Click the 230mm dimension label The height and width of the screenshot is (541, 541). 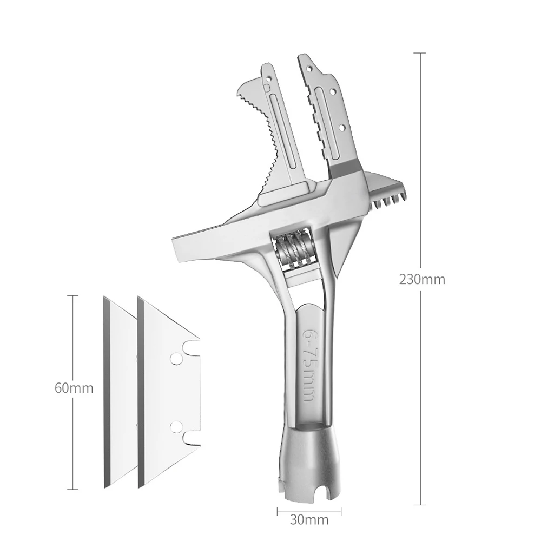point(422,279)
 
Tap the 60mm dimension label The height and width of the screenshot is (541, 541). point(74,388)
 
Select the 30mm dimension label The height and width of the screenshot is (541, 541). point(309,519)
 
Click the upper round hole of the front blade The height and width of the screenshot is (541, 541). point(176,359)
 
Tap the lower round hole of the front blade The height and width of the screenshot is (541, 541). point(176,427)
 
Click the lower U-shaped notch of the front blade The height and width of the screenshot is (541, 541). point(191,439)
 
